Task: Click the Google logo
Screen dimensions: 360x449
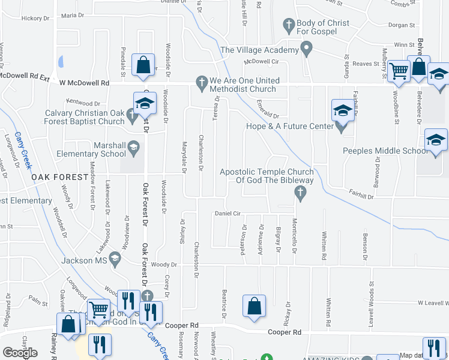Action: pos(20,353)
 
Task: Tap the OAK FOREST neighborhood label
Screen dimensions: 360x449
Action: pos(55,177)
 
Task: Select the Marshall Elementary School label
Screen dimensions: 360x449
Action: pos(109,149)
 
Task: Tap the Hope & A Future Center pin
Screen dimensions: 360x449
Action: pos(342,127)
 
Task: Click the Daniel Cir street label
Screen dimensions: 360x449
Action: pos(228,214)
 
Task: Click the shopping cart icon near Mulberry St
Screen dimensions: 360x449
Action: pos(399,71)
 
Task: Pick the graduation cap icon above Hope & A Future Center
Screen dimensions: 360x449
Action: pos(343,110)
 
